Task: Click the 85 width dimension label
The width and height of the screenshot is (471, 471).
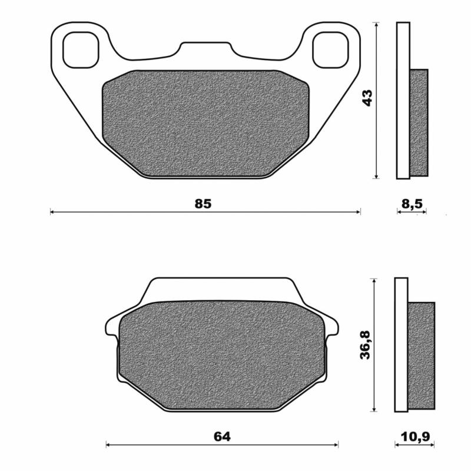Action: (x=203, y=204)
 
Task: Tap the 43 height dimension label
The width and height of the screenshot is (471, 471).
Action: (x=368, y=98)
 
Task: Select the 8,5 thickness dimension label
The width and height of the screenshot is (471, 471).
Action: (x=411, y=204)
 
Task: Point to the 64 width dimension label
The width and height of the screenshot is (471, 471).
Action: (x=222, y=436)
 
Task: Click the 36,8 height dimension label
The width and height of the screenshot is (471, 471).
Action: (x=366, y=344)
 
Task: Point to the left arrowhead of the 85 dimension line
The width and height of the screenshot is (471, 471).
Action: (x=52, y=211)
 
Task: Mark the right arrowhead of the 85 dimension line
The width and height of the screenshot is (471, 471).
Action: (x=359, y=211)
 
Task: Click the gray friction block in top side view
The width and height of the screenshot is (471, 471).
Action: (x=419, y=122)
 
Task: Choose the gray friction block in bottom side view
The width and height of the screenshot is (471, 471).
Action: (x=421, y=355)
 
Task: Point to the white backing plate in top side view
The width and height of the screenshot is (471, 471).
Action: (x=403, y=100)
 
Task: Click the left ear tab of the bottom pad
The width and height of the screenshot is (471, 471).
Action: (x=111, y=326)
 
